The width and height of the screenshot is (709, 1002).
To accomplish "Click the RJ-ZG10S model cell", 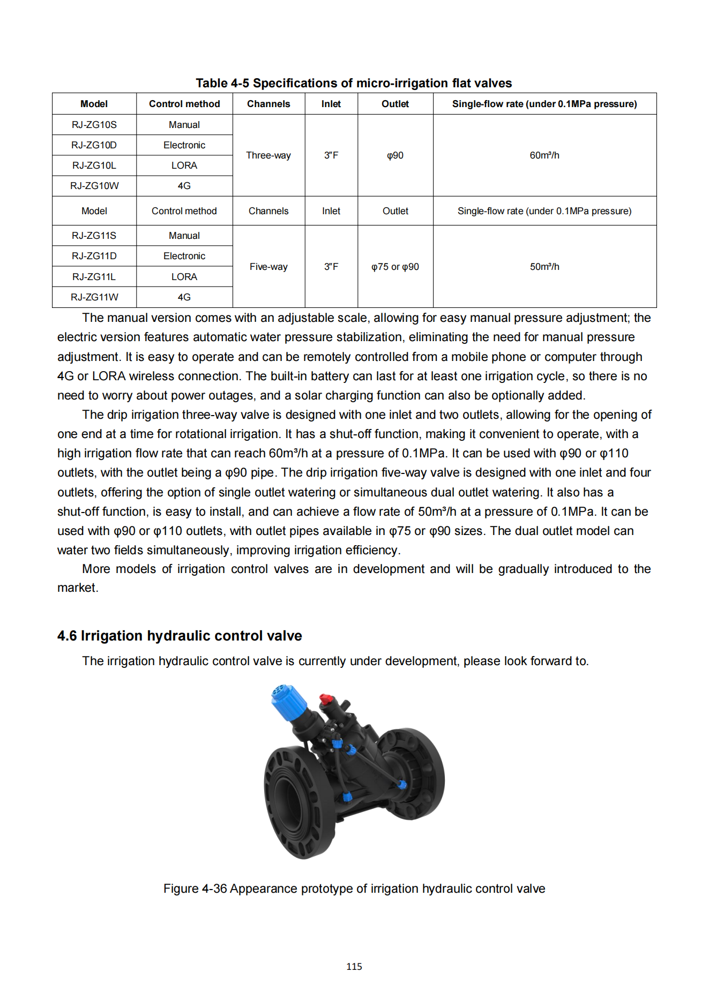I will pyautogui.click(x=94, y=125).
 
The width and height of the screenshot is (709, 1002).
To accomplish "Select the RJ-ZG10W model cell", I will pyautogui.click(x=94, y=186).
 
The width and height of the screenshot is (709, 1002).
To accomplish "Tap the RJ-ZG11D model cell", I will pyautogui.click(x=94, y=256).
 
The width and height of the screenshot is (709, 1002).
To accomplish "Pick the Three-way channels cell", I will pyautogui.click(x=268, y=155).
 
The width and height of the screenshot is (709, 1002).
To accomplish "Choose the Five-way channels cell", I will pyautogui.click(x=268, y=267).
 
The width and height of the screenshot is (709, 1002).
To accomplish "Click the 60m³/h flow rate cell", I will pyautogui.click(x=544, y=155).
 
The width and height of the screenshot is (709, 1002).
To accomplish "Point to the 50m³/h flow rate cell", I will pyautogui.click(x=544, y=267).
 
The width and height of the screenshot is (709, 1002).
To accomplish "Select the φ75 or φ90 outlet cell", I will pyautogui.click(x=395, y=267).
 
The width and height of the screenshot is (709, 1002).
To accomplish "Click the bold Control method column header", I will pyautogui.click(x=184, y=104).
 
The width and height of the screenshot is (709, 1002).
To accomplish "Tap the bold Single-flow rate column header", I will pyautogui.click(x=544, y=104).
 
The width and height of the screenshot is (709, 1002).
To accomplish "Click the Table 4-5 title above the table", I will pyautogui.click(x=354, y=83).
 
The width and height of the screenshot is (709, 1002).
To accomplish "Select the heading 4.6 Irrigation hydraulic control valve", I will pyautogui.click(x=180, y=636).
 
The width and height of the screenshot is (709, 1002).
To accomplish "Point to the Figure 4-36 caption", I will pyautogui.click(x=354, y=888).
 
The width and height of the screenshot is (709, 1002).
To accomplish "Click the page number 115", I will pyautogui.click(x=354, y=967).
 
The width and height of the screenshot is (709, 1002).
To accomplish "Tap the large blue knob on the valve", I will pyautogui.click(x=288, y=699).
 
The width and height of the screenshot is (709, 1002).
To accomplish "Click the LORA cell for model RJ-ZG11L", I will pyautogui.click(x=184, y=277).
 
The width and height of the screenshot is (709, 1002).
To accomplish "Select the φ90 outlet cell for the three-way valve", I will pyautogui.click(x=395, y=155).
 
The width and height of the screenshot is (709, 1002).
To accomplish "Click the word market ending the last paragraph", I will pyautogui.click(x=77, y=588).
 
